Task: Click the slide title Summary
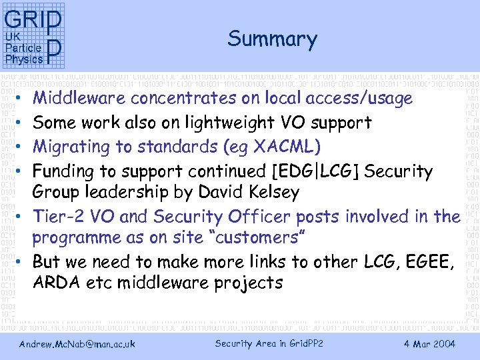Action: [272, 39]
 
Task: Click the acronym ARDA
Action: [57, 283]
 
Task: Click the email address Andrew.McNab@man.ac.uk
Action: [77, 344]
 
